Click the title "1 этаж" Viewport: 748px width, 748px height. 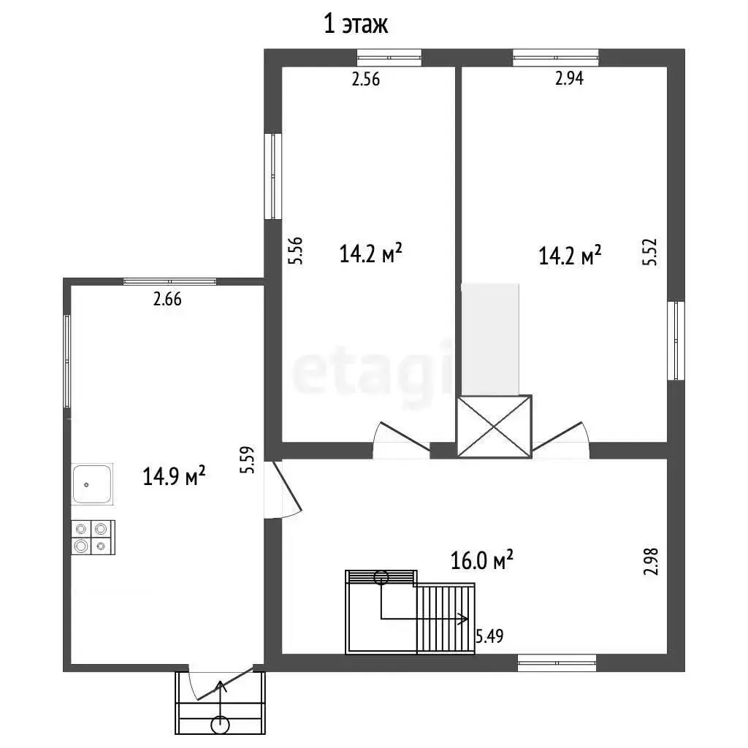[356, 24]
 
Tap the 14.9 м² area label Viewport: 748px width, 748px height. [174, 476]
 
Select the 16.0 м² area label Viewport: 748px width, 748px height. [482, 560]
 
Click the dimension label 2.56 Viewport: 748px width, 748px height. [366, 79]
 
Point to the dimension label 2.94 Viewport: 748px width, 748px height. [569, 78]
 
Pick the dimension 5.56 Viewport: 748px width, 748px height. [296, 251]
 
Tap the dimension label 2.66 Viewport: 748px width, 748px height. [167, 299]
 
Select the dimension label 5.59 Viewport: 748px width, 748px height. [248, 460]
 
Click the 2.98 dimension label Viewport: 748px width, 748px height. [651, 562]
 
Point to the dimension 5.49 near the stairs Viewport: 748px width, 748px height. [489, 636]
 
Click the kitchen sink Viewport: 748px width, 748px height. [92, 484]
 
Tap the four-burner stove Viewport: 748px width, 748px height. [93, 537]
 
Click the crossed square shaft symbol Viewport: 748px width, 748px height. [495, 427]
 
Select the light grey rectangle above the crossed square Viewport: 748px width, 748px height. [490, 340]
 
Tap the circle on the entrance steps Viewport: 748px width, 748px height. [220, 725]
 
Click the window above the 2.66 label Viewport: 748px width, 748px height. [169, 281]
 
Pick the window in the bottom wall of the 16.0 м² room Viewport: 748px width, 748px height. [557, 663]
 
